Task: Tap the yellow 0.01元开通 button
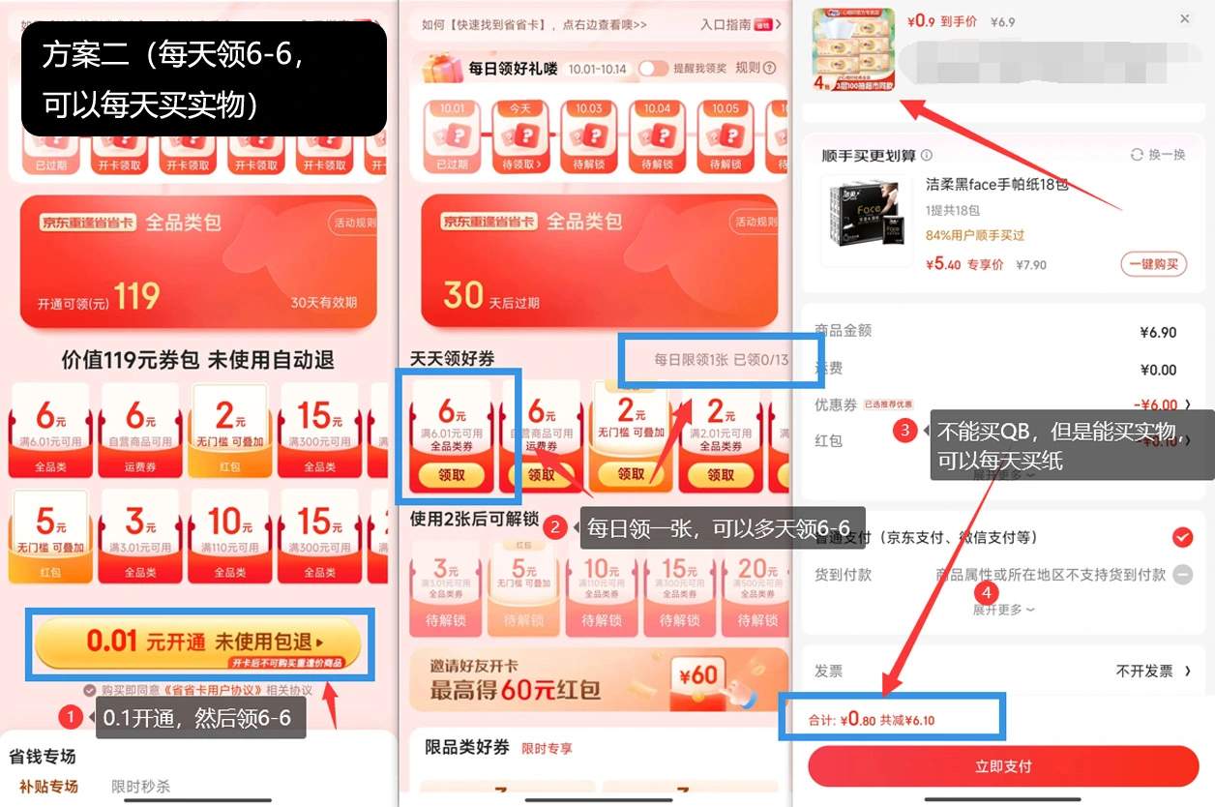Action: [198, 642]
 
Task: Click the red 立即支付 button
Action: [1002, 766]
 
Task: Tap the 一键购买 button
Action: [1153, 264]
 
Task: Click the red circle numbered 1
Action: [70, 718]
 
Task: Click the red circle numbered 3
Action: [904, 431]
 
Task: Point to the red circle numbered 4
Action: [986, 592]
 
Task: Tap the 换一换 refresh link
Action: [1158, 155]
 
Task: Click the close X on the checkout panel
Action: [1185, 19]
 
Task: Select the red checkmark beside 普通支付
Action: [1182, 537]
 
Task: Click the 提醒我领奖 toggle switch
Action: [653, 68]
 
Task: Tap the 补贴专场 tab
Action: [48, 787]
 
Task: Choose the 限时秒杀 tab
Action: [140, 787]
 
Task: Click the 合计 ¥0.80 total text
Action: [872, 720]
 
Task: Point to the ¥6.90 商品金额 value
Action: [1158, 332]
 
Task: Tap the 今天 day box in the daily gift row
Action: [520, 135]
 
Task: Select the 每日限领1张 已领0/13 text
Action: [721, 360]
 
